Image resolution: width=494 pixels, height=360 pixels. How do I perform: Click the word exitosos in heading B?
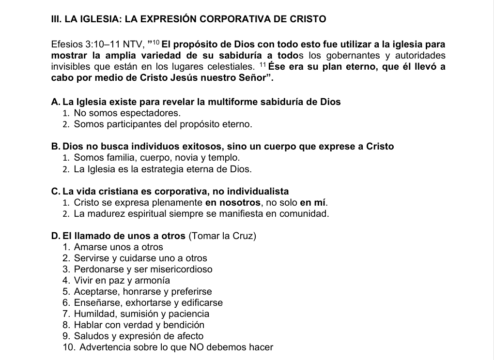pos(193,146)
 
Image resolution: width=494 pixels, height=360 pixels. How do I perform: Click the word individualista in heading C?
pos(258,191)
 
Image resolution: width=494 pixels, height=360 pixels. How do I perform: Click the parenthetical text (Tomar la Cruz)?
pos(222,236)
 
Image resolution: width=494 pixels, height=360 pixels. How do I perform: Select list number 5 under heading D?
pos(66,292)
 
